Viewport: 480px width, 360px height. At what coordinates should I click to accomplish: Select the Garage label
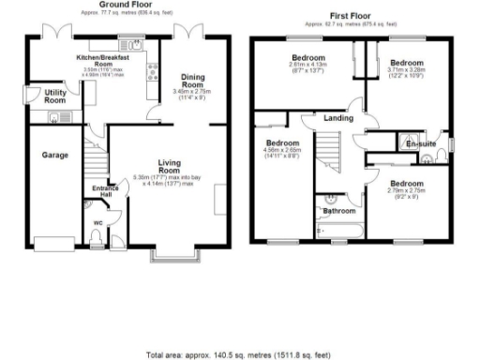[x=53, y=155]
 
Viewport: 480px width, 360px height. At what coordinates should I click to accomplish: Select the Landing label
[x=338, y=119]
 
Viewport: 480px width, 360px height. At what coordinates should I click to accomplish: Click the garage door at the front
[x=53, y=242]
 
